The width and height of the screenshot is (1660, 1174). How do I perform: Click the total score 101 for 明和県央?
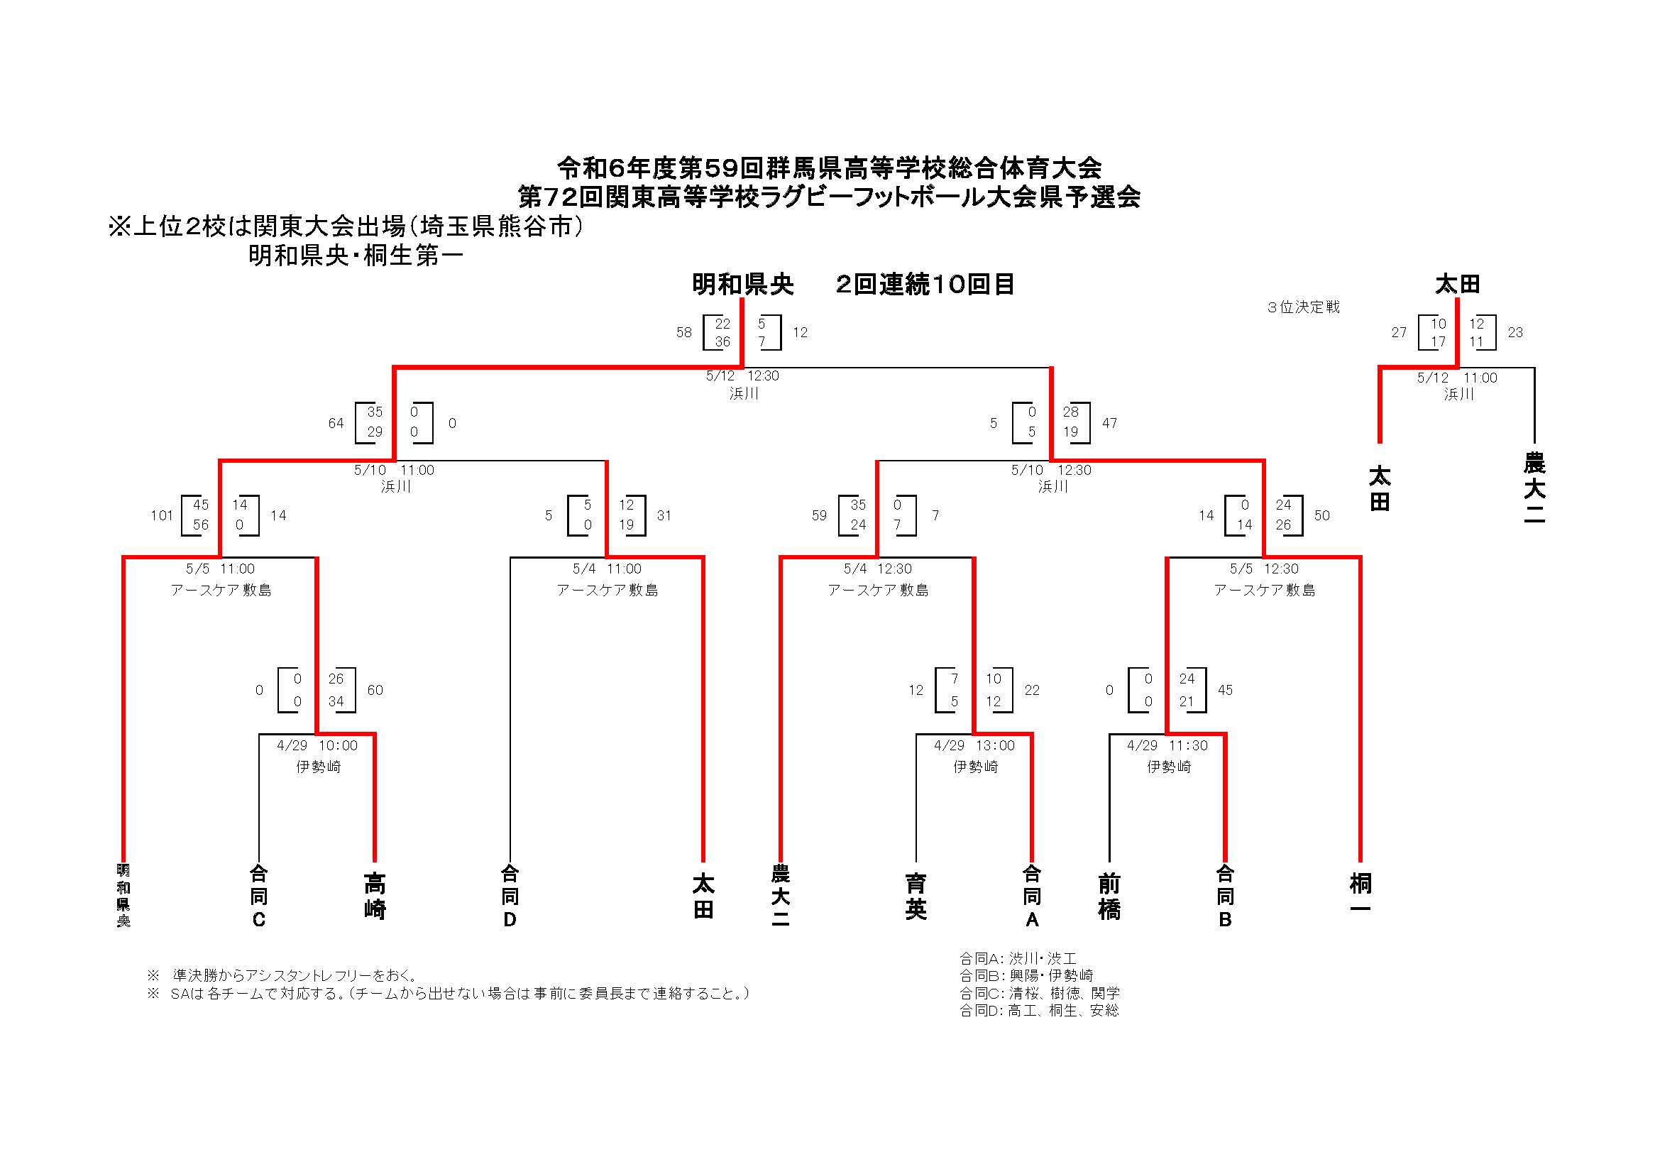[161, 515]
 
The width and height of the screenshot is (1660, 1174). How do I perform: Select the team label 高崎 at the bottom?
[375, 896]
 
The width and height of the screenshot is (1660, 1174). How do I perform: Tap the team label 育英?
[916, 896]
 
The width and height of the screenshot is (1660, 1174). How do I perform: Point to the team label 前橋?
[1109, 896]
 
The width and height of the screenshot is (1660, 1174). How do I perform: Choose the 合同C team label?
[259, 896]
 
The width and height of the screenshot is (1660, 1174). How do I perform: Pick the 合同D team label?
[510, 896]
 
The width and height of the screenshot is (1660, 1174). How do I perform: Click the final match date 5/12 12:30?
[742, 376]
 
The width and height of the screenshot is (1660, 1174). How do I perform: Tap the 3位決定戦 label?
[1303, 307]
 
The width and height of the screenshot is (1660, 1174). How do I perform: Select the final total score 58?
[684, 332]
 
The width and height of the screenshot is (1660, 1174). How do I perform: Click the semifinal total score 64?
[336, 423]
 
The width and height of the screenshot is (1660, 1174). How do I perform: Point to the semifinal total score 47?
[1110, 423]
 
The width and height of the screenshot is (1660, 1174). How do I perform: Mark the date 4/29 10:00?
[317, 745]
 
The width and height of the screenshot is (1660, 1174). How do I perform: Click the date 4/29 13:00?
[974, 745]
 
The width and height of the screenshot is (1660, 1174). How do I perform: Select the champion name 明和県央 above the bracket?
[742, 284]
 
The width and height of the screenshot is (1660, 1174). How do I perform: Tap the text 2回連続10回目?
[925, 284]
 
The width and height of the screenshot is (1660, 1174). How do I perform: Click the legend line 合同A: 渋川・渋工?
[1018, 958]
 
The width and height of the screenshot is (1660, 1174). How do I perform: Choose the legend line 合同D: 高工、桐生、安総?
[1039, 1011]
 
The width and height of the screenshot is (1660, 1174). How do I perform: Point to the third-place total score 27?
[1399, 332]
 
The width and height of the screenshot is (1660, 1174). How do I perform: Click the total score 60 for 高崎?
[375, 690]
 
